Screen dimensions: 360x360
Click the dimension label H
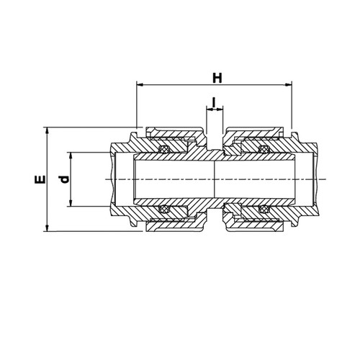[217, 78]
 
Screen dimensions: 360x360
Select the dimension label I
[214, 102]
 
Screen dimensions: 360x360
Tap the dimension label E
[40, 179]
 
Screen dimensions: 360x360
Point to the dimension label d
[64, 179]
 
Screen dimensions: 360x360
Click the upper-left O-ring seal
[164, 149]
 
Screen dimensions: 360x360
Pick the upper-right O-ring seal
[264, 149]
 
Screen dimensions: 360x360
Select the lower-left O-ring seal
[164, 209]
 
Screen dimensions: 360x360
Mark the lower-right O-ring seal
[264, 209]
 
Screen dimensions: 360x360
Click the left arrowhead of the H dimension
[140, 85]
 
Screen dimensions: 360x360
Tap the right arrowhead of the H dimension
[288, 85]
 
